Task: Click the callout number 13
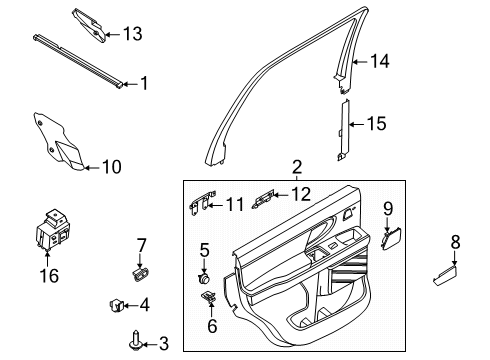pyautogui.click(x=132, y=34)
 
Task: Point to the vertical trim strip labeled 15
pyautogui.click(x=343, y=128)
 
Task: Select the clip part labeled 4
pyautogui.click(x=116, y=304)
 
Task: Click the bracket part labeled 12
pyautogui.click(x=266, y=198)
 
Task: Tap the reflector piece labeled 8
pyautogui.click(x=442, y=276)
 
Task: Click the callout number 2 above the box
pyautogui.click(x=296, y=167)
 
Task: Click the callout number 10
pyautogui.click(x=111, y=167)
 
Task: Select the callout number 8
pyautogui.click(x=455, y=241)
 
